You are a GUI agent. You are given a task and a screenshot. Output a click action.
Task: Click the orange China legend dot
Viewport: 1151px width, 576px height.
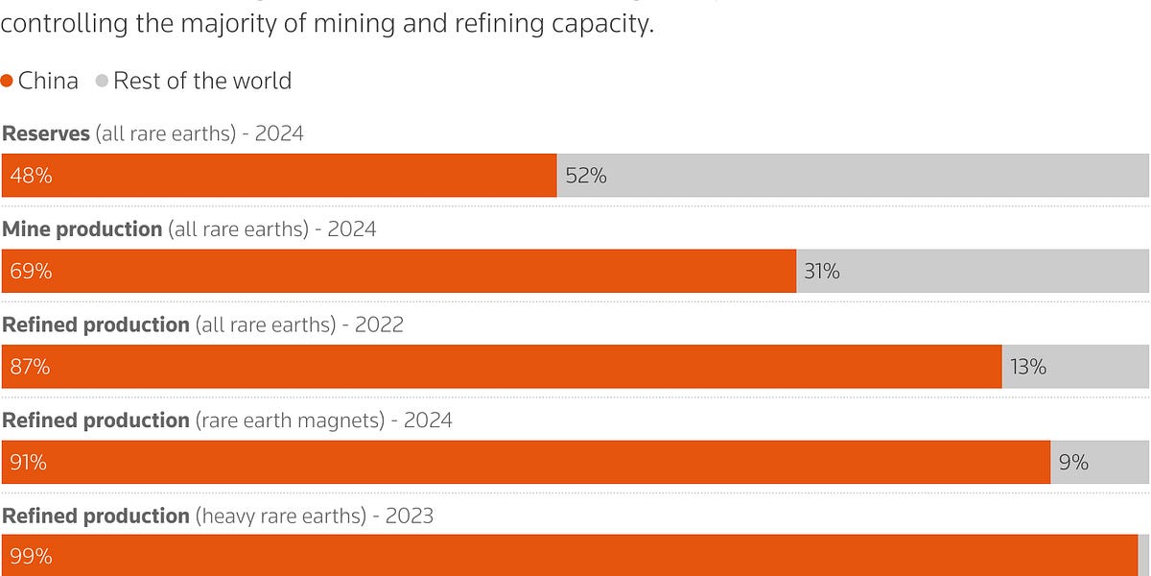(x=8, y=82)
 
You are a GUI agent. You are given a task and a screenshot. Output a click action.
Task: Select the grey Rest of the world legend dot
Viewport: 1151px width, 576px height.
(x=102, y=82)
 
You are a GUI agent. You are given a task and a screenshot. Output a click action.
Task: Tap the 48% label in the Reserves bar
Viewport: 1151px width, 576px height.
(x=31, y=176)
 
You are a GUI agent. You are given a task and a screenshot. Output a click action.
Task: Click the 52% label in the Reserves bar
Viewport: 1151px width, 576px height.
(x=586, y=176)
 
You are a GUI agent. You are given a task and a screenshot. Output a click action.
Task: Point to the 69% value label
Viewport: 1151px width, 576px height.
(x=31, y=272)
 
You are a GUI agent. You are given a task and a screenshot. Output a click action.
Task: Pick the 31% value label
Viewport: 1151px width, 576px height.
(x=822, y=272)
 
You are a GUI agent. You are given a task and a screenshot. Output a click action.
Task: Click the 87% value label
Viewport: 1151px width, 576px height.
(x=31, y=367)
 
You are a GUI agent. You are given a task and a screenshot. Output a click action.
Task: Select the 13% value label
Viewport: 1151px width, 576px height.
(x=1028, y=367)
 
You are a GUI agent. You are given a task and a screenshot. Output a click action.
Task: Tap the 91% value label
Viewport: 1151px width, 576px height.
(x=29, y=463)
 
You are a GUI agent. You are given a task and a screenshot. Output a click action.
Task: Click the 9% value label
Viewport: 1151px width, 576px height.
(x=1073, y=463)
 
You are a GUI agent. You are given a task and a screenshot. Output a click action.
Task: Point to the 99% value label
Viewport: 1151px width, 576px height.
(x=31, y=557)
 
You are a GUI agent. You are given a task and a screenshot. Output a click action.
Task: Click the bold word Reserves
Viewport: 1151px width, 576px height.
(x=45, y=133)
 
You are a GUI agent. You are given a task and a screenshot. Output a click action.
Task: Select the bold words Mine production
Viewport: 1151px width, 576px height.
(x=82, y=229)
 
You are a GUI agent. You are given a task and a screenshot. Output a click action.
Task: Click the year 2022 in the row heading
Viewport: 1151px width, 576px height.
(x=379, y=324)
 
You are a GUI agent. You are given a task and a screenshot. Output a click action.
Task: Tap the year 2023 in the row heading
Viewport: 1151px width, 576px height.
(x=410, y=516)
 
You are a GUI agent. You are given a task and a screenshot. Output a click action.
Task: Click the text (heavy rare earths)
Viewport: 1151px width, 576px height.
(x=281, y=516)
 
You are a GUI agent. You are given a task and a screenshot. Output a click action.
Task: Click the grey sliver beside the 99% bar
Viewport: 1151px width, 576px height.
(x=1143, y=557)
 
